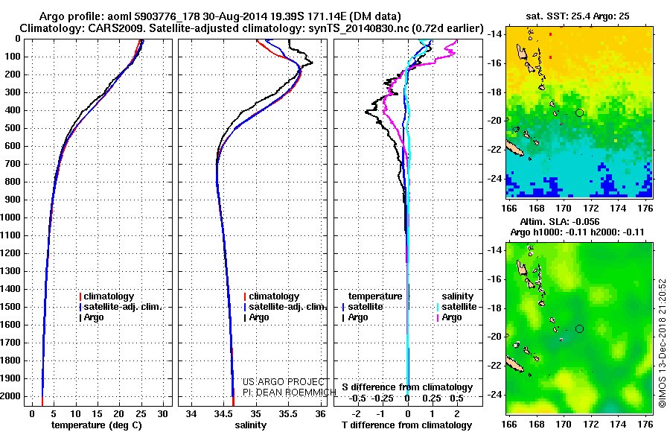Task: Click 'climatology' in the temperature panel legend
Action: click(111, 296)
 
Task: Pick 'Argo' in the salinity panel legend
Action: click(259, 317)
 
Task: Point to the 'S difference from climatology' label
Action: click(407, 387)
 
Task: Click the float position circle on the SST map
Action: click(579, 112)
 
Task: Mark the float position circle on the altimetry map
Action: click(579, 328)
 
